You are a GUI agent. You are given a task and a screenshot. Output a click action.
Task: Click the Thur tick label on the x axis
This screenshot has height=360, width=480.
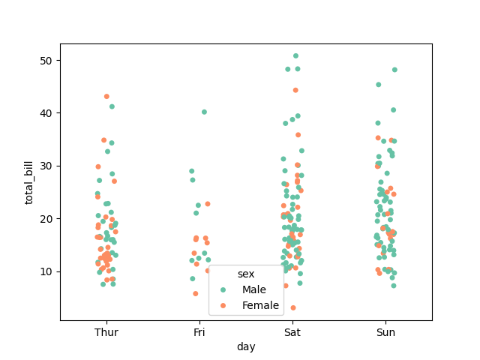pyautogui.click(x=106, y=331)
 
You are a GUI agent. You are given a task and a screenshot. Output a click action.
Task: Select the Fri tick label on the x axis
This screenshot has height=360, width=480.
pyautogui.click(x=199, y=331)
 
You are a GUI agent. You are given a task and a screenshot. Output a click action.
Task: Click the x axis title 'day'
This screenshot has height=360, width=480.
pyautogui.click(x=246, y=346)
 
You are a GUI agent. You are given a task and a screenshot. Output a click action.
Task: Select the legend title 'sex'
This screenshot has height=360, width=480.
pyautogui.click(x=246, y=274)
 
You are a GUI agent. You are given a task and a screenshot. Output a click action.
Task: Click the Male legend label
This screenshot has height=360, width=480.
pyautogui.click(x=253, y=289)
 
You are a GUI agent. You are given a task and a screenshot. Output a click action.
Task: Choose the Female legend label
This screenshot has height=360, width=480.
pyautogui.click(x=260, y=305)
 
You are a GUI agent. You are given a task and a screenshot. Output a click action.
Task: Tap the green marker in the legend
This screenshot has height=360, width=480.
pyautogui.click(x=223, y=289)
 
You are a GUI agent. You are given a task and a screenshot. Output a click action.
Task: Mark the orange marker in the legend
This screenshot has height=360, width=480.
pyautogui.click(x=223, y=305)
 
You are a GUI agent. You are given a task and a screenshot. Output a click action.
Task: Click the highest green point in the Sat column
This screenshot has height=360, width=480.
pyautogui.click(x=295, y=55)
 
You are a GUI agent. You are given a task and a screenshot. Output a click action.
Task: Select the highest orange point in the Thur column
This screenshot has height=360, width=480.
pyautogui.click(x=106, y=97)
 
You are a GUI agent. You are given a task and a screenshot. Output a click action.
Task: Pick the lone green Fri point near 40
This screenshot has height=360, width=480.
pyautogui.click(x=204, y=112)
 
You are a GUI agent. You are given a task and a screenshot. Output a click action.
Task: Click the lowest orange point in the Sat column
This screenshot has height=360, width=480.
pyautogui.click(x=293, y=307)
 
